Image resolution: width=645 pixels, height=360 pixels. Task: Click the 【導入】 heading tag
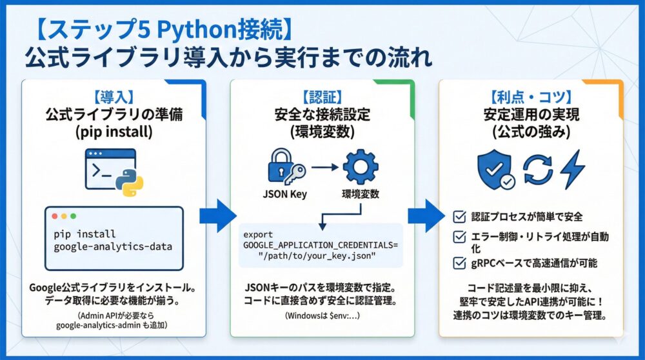114,97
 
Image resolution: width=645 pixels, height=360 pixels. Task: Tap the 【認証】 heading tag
321,97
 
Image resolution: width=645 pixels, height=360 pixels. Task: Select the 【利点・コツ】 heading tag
531,97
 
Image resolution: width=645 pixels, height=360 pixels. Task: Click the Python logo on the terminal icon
129,183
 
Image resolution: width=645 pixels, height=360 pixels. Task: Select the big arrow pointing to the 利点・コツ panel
426,215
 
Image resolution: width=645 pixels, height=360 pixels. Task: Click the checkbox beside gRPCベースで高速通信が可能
459,263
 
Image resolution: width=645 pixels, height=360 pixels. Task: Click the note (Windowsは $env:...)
321,317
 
